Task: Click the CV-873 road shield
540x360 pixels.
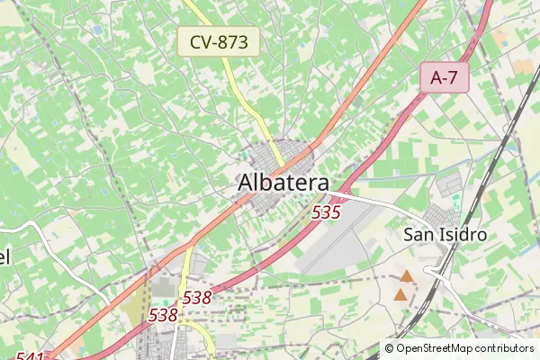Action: click(219, 41)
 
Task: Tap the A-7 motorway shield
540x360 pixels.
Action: click(445, 77)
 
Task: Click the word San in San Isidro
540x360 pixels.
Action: click(418, 234)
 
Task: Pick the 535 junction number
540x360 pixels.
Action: click(326, 213)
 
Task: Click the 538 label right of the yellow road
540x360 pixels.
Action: click(197, 296)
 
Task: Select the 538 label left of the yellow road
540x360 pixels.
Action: click(163, 315)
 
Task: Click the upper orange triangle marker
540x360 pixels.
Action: click(407, 277)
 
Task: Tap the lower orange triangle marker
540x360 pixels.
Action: click(400, 293)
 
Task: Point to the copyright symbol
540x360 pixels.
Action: click(390, 348)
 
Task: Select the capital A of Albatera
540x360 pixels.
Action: click(247, 182)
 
